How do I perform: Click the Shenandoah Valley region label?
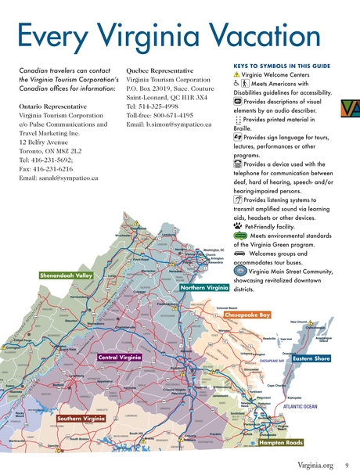67,275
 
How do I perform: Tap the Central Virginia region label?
120,358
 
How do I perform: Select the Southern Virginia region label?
81,419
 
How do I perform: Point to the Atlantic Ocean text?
300,407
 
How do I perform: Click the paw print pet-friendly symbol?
237,225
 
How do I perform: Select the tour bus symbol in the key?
240,254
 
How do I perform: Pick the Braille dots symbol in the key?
238,119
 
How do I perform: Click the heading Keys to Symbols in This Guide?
282,66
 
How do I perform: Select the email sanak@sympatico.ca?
59,178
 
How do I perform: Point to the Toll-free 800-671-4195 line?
164,114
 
